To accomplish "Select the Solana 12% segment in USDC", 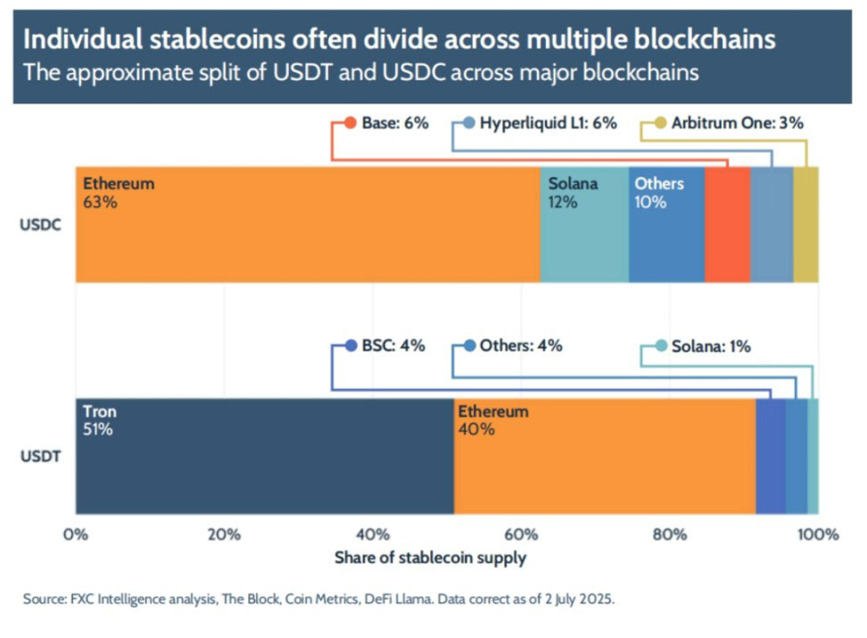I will [584, 232].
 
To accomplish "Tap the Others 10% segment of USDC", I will [666, 232].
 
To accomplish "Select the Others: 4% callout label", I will [520, 346].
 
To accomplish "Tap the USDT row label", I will [39, 457].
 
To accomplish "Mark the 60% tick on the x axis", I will [521, 535].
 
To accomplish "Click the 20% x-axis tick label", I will [224, 535].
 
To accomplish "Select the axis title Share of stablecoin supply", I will [430, 559].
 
